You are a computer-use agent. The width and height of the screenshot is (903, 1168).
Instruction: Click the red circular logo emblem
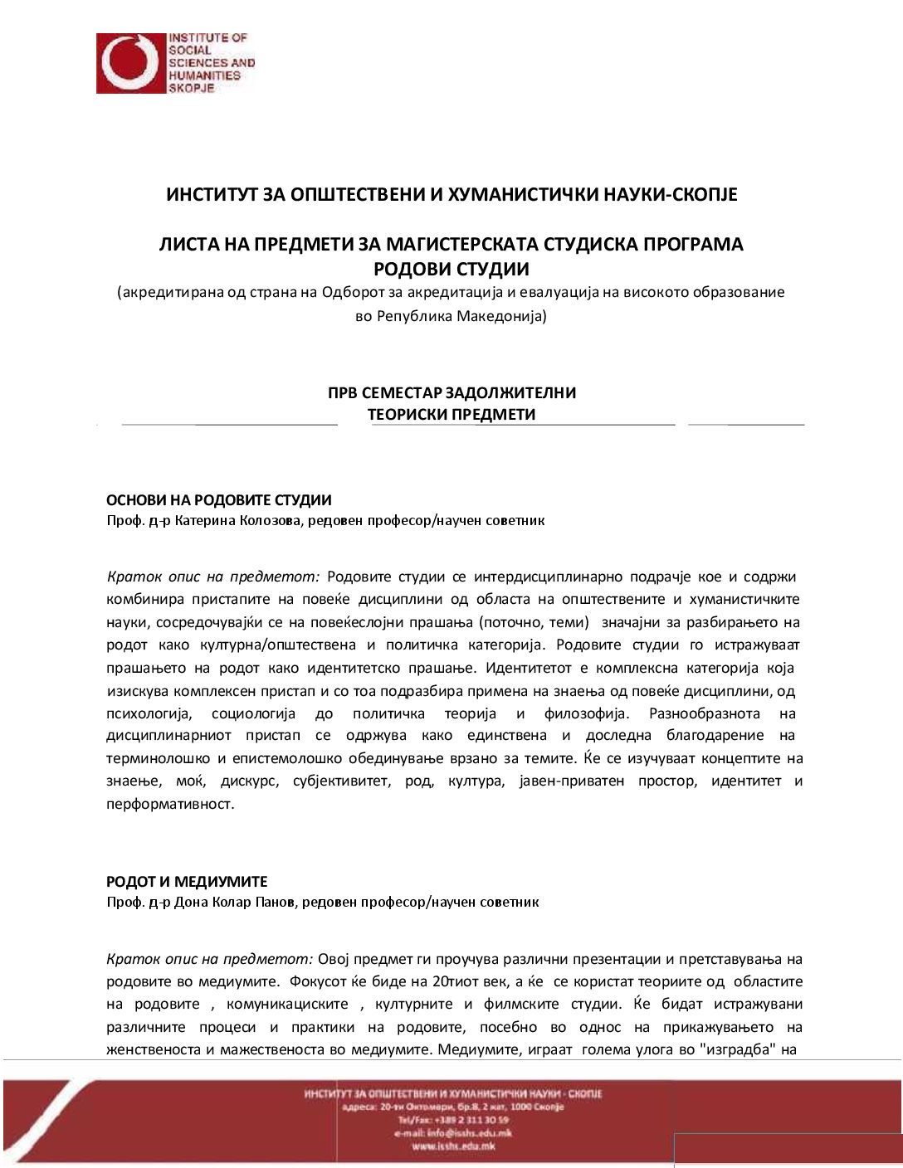pos(130,63)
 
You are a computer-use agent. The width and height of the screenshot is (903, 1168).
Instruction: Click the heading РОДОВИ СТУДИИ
pos(451,269)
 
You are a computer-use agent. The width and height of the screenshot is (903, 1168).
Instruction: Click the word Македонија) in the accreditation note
pos(501,316)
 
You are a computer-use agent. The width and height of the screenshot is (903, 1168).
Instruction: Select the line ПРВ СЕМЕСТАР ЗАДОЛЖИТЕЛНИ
pos(451,392)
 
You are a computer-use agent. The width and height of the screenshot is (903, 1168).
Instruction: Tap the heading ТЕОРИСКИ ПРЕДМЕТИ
pos(451,414)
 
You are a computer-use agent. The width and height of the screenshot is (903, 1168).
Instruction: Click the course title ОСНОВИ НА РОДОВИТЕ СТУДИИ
pos(219,500)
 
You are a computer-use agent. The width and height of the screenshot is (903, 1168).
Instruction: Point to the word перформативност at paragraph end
pos(169,804)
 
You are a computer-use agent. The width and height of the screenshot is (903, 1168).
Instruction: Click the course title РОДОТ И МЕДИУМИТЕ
pos(187,881)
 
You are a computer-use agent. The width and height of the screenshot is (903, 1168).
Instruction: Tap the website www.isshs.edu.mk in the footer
pos(453,1146)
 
